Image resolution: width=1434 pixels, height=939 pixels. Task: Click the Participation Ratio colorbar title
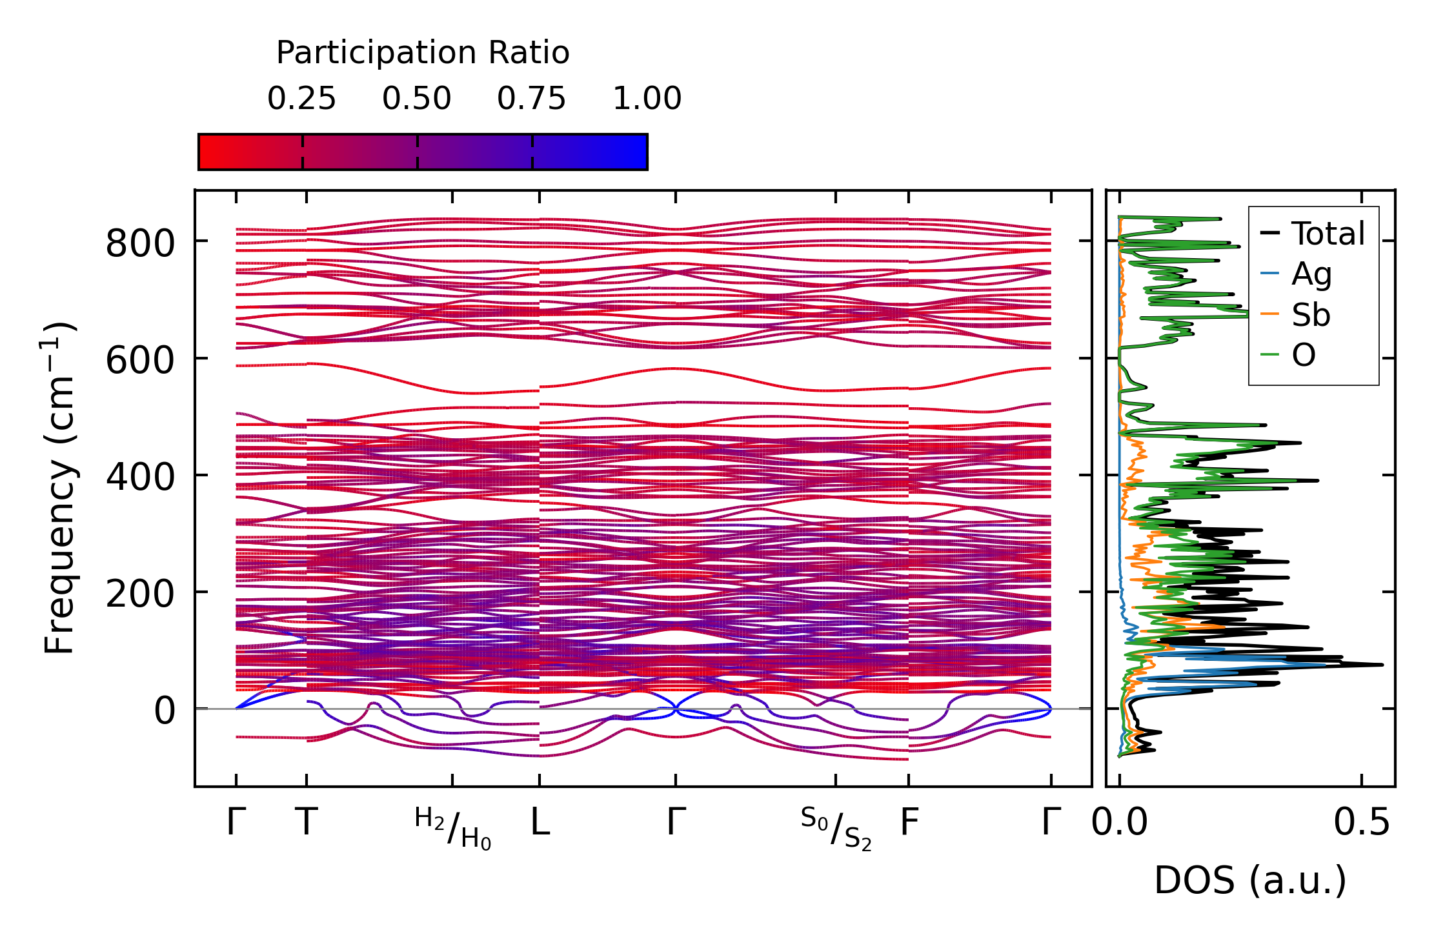coord(423,53)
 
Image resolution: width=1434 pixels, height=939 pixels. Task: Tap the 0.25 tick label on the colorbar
coord(302,99)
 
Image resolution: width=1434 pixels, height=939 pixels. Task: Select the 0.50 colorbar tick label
coord(417,99)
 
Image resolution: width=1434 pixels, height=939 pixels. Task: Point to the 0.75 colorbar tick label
coord(531,99)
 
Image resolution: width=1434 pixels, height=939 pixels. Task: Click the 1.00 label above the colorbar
coord(647,99)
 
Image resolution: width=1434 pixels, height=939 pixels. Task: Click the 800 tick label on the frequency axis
coord(140,244)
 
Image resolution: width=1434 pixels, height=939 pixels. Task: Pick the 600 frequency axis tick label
coord(140,361)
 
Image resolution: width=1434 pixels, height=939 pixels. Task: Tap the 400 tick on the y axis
coord(140,478)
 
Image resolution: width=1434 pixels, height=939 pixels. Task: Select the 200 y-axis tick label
coord(140,594)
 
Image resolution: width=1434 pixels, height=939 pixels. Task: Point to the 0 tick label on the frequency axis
coord(164,711)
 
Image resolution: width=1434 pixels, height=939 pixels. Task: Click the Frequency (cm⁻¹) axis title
coord(60,489)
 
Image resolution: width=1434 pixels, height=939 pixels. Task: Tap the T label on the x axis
coord(307,823)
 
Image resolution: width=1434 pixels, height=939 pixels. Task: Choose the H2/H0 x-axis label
coord(452,829)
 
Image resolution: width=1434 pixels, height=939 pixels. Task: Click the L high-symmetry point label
coord(540,823)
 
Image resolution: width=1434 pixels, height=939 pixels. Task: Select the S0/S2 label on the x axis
coord(836,829)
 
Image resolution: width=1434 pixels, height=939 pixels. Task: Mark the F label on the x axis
coord(909,823)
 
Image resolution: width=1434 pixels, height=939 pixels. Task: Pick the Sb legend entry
coord(1310,315)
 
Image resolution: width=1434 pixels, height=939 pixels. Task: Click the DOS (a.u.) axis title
coord(1250,881)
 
